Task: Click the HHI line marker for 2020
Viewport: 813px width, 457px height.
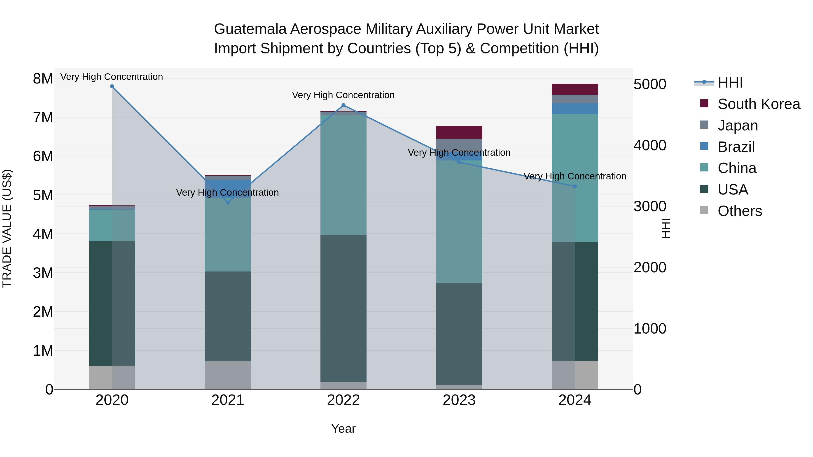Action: [x=112, y=86]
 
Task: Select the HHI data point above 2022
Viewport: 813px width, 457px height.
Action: [x=343, y=105]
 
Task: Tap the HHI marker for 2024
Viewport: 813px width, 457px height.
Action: [x=575, y=186]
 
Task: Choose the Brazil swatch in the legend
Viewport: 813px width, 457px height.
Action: [x=704, y=146]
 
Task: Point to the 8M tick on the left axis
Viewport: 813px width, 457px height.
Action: [x=43, y=79]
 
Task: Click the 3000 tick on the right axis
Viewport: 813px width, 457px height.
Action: [x=650, y=206]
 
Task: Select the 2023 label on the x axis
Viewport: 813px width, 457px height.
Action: [x=459, y=400]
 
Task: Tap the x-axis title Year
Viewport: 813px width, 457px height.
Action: [x=343, y=429]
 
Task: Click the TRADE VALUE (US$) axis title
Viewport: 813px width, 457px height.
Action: [x=7, y=228]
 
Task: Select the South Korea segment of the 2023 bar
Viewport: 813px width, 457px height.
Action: [x=459, y=132]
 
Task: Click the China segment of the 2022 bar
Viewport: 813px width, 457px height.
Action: [x=343, y=175]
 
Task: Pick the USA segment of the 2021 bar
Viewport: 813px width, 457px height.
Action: [x=228, y=316]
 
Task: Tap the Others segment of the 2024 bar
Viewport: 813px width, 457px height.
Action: [x=575, y=375]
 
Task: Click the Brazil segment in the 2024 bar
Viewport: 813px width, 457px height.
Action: [x=575, y=109]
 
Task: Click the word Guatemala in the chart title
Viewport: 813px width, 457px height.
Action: [x=250, y=29]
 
